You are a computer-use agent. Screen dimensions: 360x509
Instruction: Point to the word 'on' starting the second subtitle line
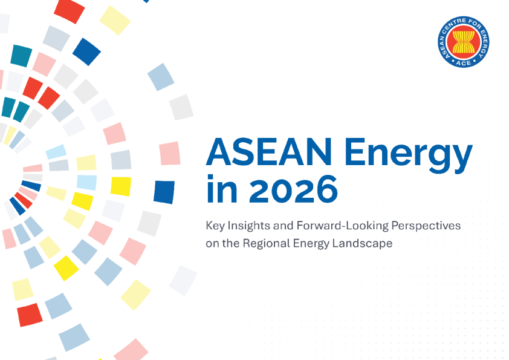click(x=212, y=243)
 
